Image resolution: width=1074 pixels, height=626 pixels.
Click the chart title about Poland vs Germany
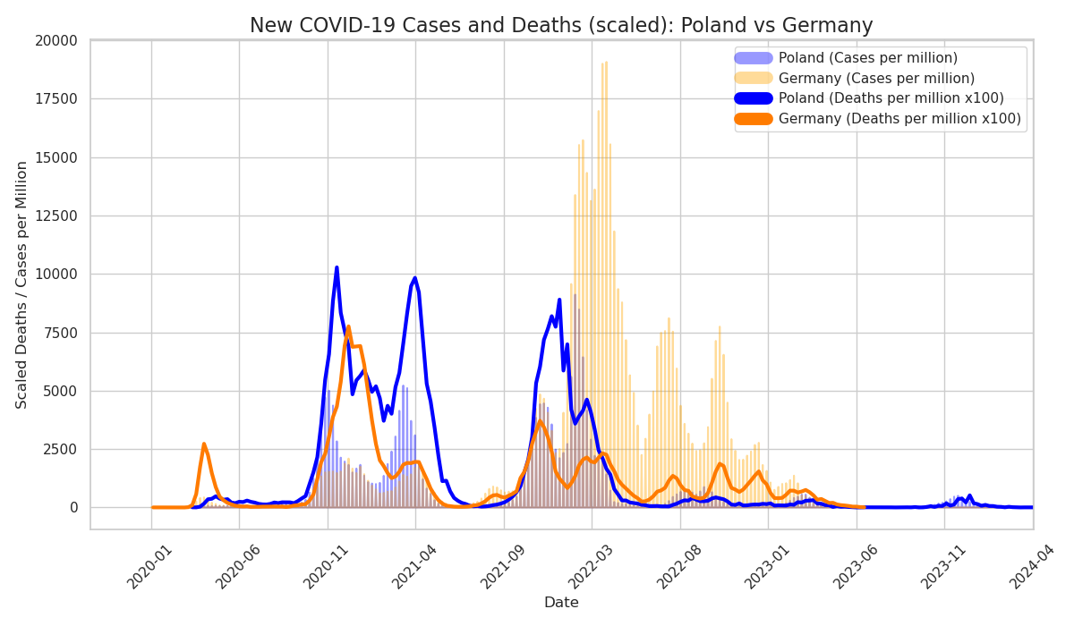561,26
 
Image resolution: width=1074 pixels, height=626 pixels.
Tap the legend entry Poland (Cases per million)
867,58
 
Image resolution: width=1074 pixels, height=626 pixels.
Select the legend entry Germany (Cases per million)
876,79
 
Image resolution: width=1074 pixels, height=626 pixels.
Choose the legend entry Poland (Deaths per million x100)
891,98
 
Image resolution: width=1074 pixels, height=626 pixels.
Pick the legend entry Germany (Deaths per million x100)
899,119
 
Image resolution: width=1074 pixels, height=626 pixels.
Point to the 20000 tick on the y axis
58,41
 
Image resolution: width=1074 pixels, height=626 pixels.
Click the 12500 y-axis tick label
58,216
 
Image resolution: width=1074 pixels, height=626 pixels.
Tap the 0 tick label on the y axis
73,508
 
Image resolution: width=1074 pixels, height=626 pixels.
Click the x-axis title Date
561,603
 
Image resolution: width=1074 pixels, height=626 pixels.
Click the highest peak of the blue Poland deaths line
337,266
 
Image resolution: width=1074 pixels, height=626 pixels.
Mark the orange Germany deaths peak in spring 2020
204,444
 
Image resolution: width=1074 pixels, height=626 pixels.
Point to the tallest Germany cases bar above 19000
606,63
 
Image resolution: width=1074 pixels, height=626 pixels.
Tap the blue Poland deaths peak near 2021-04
414,278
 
